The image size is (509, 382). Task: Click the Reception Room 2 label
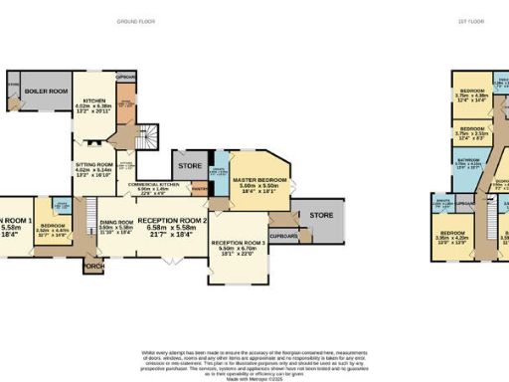coord(172,223)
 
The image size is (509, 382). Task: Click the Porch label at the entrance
coord(93,266)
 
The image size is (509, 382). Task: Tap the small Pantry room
coord(199,188)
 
